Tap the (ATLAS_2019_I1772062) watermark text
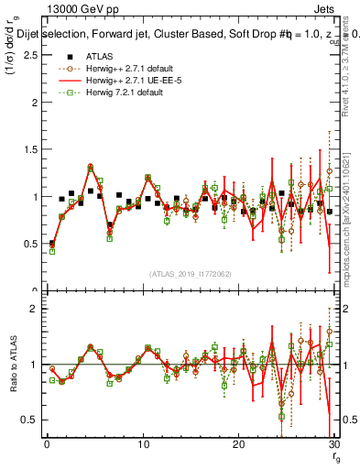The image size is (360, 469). point(191,273)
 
